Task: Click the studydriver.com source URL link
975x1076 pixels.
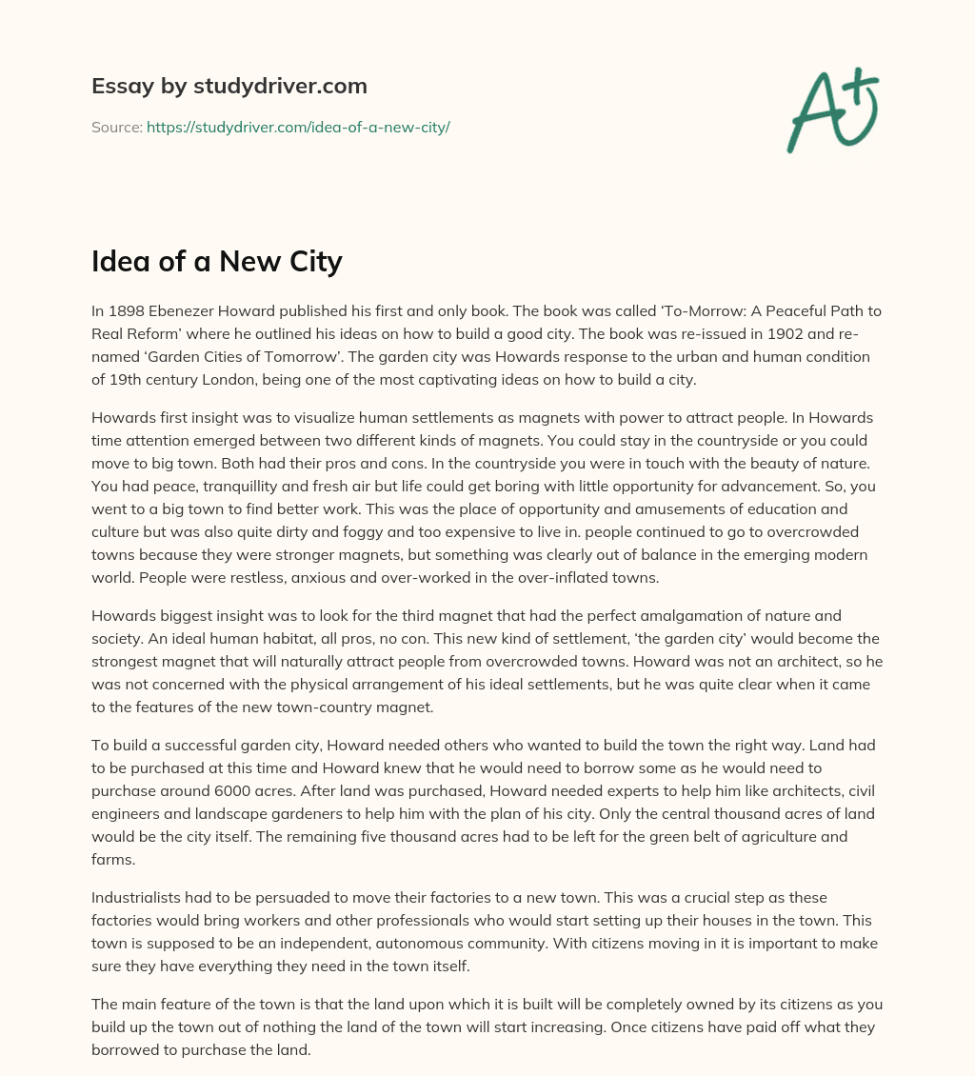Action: coord(298,127)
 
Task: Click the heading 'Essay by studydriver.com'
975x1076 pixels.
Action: coord(229,86)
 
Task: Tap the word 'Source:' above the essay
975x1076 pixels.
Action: coord(117,127)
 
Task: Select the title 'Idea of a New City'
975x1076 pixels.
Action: coord(217,261)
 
